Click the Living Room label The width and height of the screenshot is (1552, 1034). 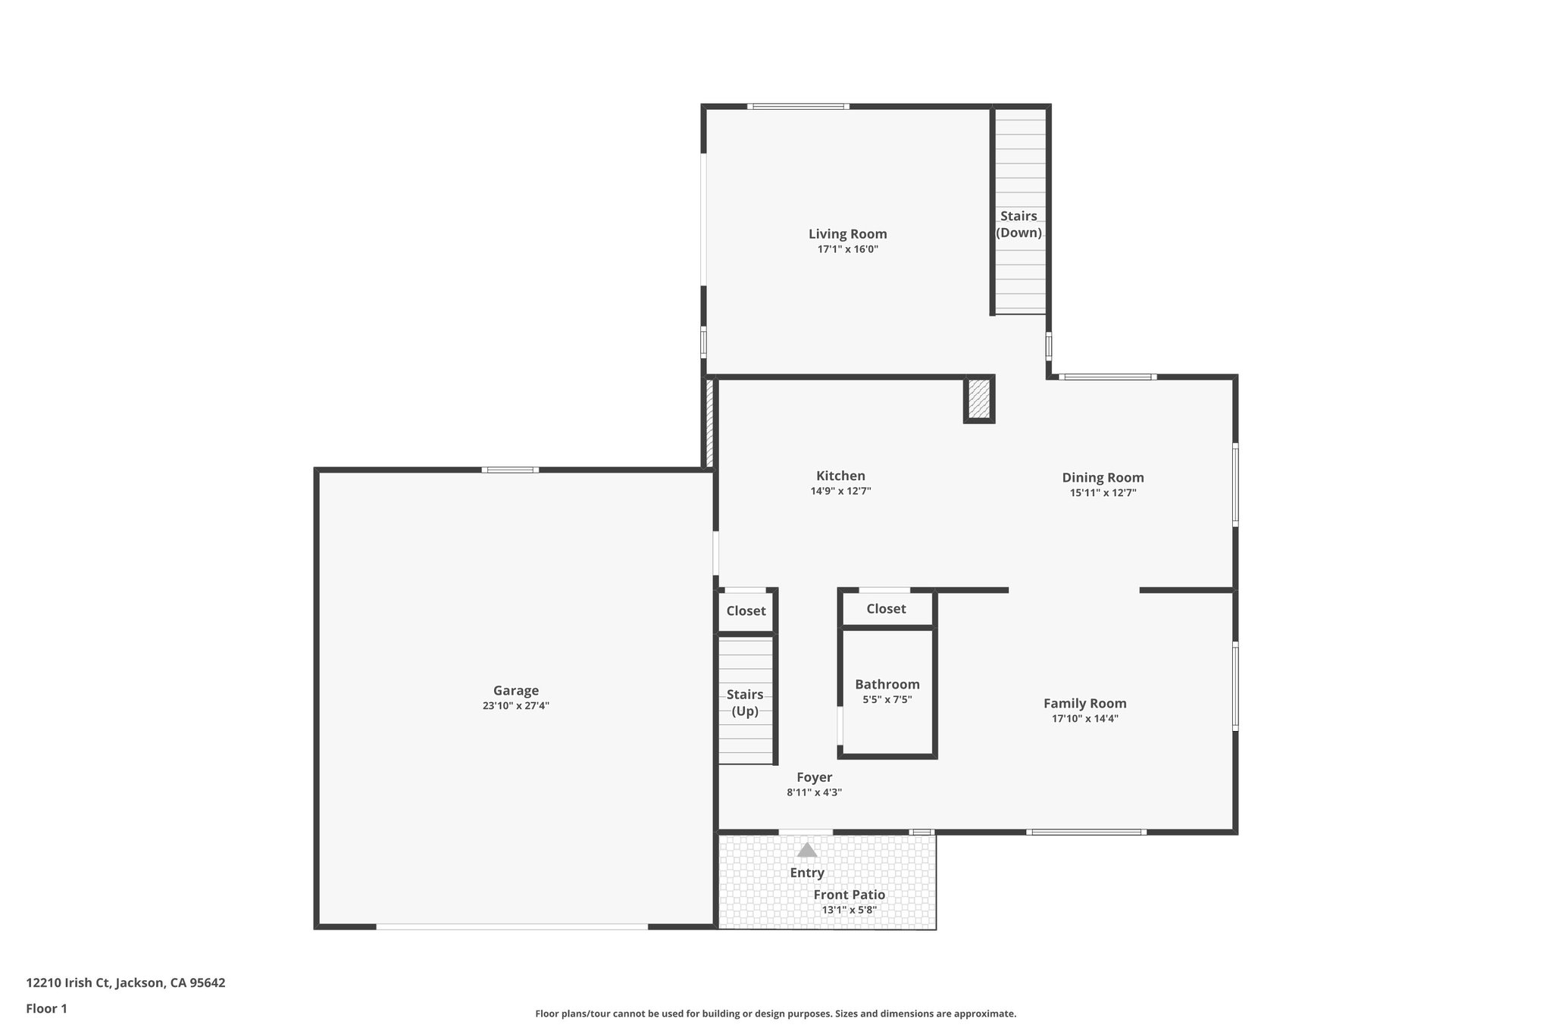coord(847,234)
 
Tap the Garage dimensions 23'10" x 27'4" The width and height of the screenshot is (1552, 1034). coord(516,706)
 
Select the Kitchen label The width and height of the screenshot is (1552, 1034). coord(840,476)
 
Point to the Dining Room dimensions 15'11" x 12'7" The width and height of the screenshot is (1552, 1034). coord(1103,493)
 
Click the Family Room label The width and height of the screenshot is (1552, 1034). coord(1084,703)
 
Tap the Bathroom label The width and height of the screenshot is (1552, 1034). coord(887,684)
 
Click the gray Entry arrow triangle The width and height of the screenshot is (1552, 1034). coord(807,850)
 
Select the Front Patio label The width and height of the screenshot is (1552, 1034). coord(849,895)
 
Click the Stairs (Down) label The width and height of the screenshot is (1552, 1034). coord(1018,224)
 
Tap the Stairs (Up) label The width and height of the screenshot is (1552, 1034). coord(745,702)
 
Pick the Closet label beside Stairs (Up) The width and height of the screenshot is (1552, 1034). coord(746,611)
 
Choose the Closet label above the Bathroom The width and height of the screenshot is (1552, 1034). coord(886,608)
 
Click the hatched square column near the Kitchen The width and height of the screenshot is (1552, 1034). coord(978,399)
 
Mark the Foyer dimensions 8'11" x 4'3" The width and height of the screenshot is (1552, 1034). coord(814,793)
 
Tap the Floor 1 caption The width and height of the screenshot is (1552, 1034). coord(46,1008)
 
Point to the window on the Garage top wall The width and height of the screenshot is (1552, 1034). coord(510,470)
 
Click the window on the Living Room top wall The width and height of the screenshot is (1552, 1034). coord(797,107)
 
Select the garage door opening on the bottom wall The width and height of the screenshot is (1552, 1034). coord(512,926)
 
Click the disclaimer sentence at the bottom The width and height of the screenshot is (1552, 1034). coord(775,1014)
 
